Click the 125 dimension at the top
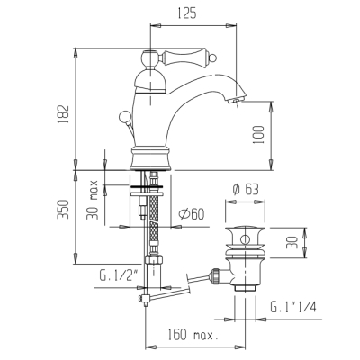pos(187,13)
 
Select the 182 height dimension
pos(64,113)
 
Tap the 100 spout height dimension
pos(259,135)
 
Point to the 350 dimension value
pos(63,209)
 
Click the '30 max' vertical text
pos(93,200)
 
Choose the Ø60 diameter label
pos(192,214)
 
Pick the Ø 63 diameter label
pos(246,189)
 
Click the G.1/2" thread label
pos(119,275)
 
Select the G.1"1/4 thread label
pos(293,307)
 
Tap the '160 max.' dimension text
pos(192,335)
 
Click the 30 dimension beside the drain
pos(292,242)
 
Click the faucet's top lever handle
pos(178,58)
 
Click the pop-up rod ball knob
pos(124,116)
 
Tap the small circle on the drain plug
pos(246,239)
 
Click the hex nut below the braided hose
pos(154,259)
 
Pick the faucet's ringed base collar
pos(151,158)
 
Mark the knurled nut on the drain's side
pos(215,276)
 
